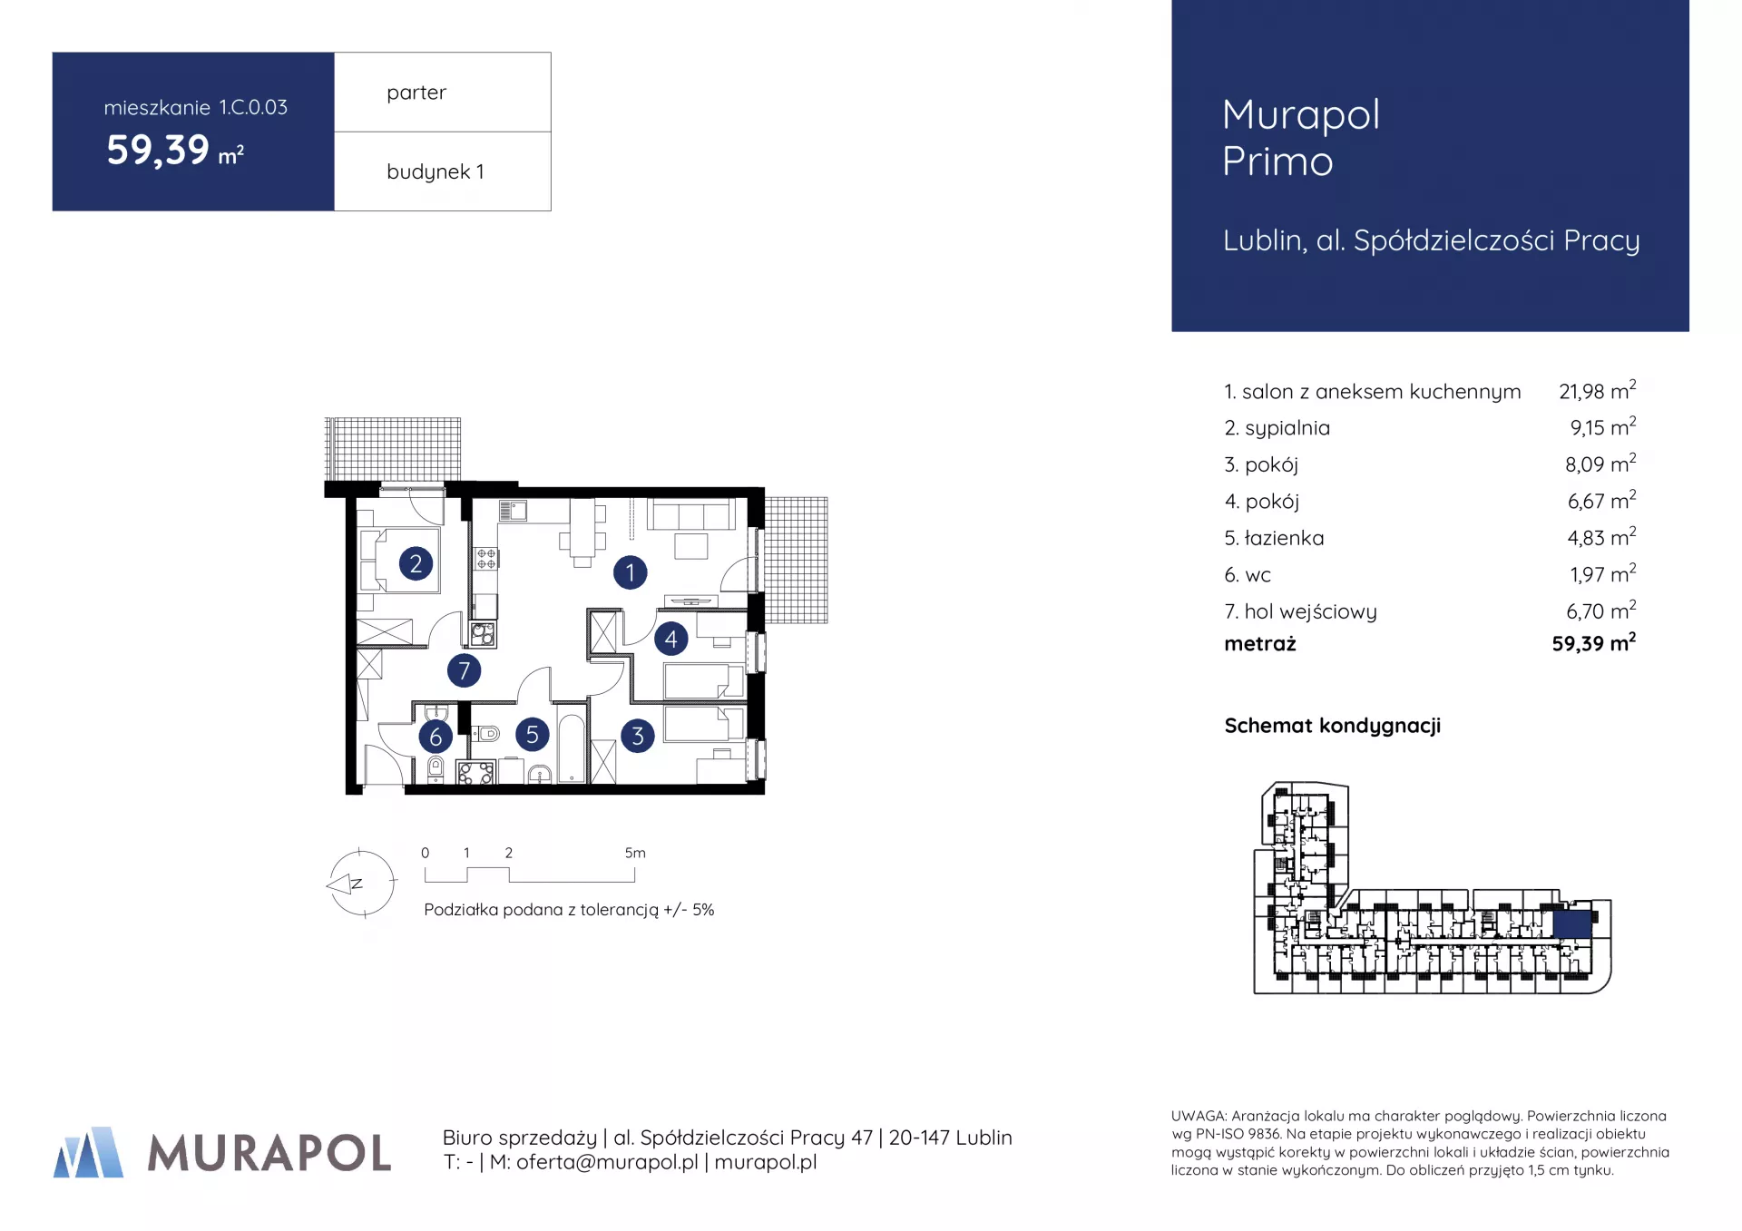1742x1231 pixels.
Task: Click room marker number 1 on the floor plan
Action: click(x=630, y=572)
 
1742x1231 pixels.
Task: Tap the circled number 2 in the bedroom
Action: click(x=416, y=563)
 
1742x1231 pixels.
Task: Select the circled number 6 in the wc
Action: click(x=435, y=737)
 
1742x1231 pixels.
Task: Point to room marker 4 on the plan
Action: click(x=670, y=639)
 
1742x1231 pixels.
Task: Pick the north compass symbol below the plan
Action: click(x=360, y=883)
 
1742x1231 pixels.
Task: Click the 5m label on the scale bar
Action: click(x=635, y=853)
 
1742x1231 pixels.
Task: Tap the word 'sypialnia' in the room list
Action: click(x=1287, y=428)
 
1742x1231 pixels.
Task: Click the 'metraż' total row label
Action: click(x=1260, y=644)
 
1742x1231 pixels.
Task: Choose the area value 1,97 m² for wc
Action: click(x=1602, y=574)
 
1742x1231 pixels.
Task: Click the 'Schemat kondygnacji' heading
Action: click(x=1332, y=726)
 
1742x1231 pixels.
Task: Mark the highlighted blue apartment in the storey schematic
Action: click(x=1572, y=924)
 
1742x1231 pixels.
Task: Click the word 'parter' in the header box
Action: click(x=416, y=93)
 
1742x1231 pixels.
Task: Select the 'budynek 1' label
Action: click(x=435, y=171)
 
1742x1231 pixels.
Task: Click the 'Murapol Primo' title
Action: click(x=1300, y=138)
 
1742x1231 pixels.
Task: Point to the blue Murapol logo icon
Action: click(x=89, y=1152)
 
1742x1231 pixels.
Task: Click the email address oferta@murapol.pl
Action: click(x=607, y=1162)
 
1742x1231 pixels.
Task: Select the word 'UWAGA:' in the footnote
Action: click(x=1199, y=1116)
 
